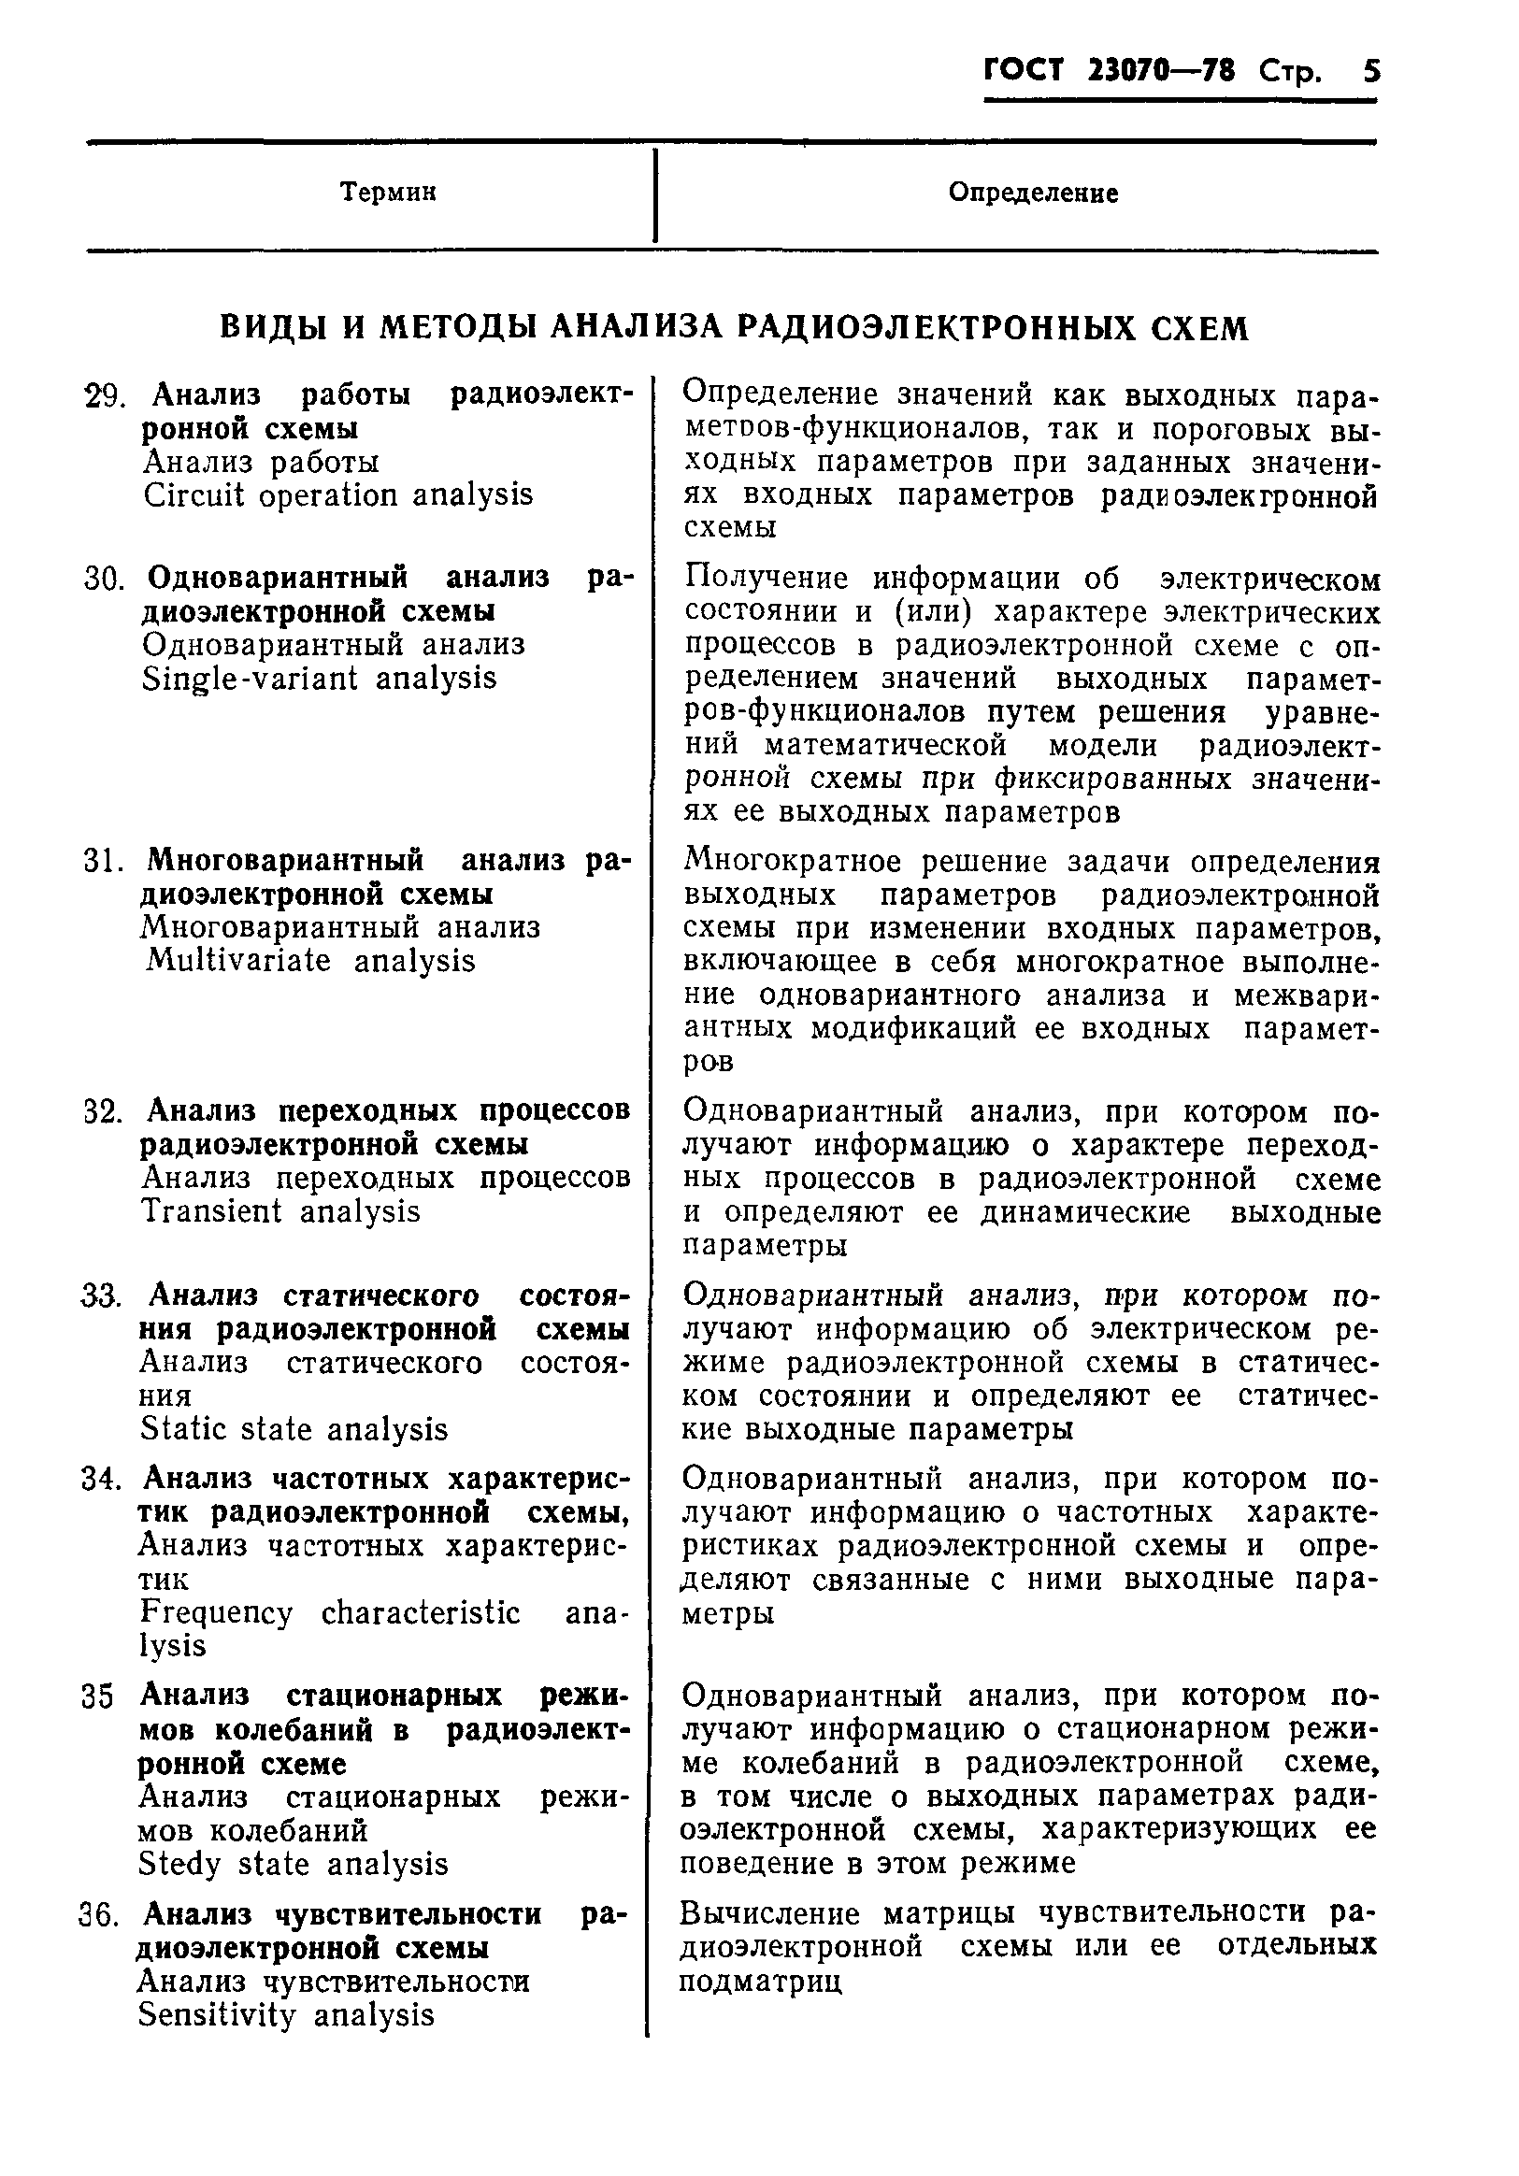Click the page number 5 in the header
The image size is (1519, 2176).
click(x=1370, y=72)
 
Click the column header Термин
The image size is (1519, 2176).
click(x=389, y=193)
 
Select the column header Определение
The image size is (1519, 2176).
click(x=1033, y=193)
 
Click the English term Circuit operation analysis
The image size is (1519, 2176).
click(x=338, y=494)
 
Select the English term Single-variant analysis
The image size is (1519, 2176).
click(x=320, y=679)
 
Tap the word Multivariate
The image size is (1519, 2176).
click(x=238, y=961)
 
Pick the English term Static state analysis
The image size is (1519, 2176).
click(x=294, y=1429)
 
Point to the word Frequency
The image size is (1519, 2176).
click(x=217, y=1612)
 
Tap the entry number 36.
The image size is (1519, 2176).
click(x=98, y=1916)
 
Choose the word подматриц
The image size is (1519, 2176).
click(x=761, y=1982)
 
